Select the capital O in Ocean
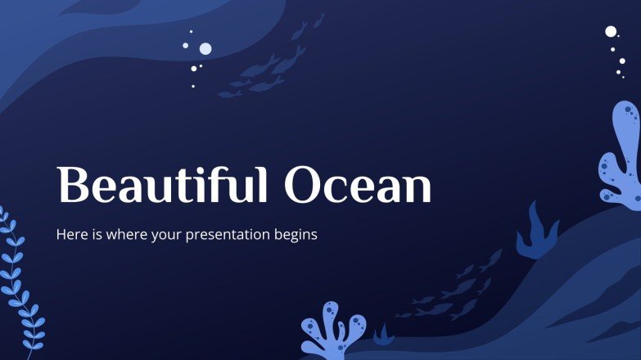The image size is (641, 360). pyautogui.click(x=302, y=186)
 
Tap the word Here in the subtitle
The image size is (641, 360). pyautogui.click(x=70, y=235)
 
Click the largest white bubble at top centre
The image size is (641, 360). pyautogui.click(x=205, y=49)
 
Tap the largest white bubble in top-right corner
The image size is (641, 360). pyautogui.click(x=611, y=32)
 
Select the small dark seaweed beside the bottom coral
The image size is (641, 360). pyautogui.click(x=382, y=335)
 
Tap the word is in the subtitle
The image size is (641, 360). pyautogui.click(x=93, y=235)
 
